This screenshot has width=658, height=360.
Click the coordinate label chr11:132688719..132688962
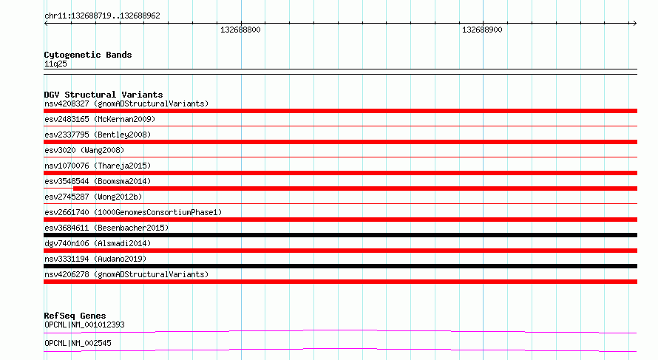pos(102,16)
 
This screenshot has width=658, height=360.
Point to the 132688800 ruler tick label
pos(240,30)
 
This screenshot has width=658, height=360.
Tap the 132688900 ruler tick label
pos(482,30)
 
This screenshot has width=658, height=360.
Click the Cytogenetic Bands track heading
pos(88,55)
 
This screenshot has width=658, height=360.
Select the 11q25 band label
pos(55,64)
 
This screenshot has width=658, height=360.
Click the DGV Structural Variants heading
pos(104,95)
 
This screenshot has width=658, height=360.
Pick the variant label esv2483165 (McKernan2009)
pos(100,119)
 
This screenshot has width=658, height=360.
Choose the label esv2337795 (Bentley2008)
pos(98,135)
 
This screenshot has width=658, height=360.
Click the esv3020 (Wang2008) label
pos(84,150)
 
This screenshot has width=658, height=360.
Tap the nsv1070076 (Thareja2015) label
pos(98,166)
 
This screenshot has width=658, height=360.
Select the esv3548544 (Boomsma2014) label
pos(98,181)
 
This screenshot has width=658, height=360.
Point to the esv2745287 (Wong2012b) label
pos(93,197)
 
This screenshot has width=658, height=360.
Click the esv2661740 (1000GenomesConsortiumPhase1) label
pos(133,212)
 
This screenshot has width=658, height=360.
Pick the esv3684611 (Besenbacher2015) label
pos(106,228)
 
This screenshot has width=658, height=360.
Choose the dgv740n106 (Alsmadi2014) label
pos(98,243)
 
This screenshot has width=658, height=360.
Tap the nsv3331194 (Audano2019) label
pos(95,259)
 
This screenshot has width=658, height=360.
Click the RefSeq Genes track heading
pos(75,316)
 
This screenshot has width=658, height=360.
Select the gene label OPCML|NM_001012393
pos(84,325)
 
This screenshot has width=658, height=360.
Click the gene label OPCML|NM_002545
pos(78,343)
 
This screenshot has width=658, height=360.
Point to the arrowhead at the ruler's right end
pos(635,24)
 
